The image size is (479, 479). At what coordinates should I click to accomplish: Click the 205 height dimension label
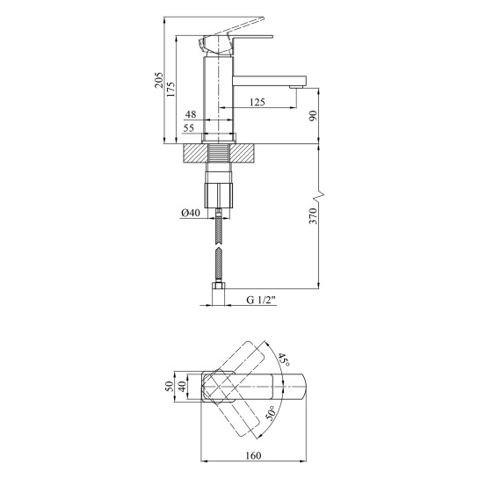159,80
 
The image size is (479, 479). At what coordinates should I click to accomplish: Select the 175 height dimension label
171,89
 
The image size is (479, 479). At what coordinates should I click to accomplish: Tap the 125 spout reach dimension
258,102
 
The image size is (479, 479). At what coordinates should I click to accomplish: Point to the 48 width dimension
191,114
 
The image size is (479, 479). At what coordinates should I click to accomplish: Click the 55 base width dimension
188,127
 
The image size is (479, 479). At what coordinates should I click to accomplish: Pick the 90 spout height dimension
314,116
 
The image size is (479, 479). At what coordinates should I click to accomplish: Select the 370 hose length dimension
314,216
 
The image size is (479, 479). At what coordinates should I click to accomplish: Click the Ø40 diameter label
191,213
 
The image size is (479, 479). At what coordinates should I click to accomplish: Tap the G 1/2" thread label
261,300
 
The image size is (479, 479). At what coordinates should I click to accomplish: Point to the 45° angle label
283,360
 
